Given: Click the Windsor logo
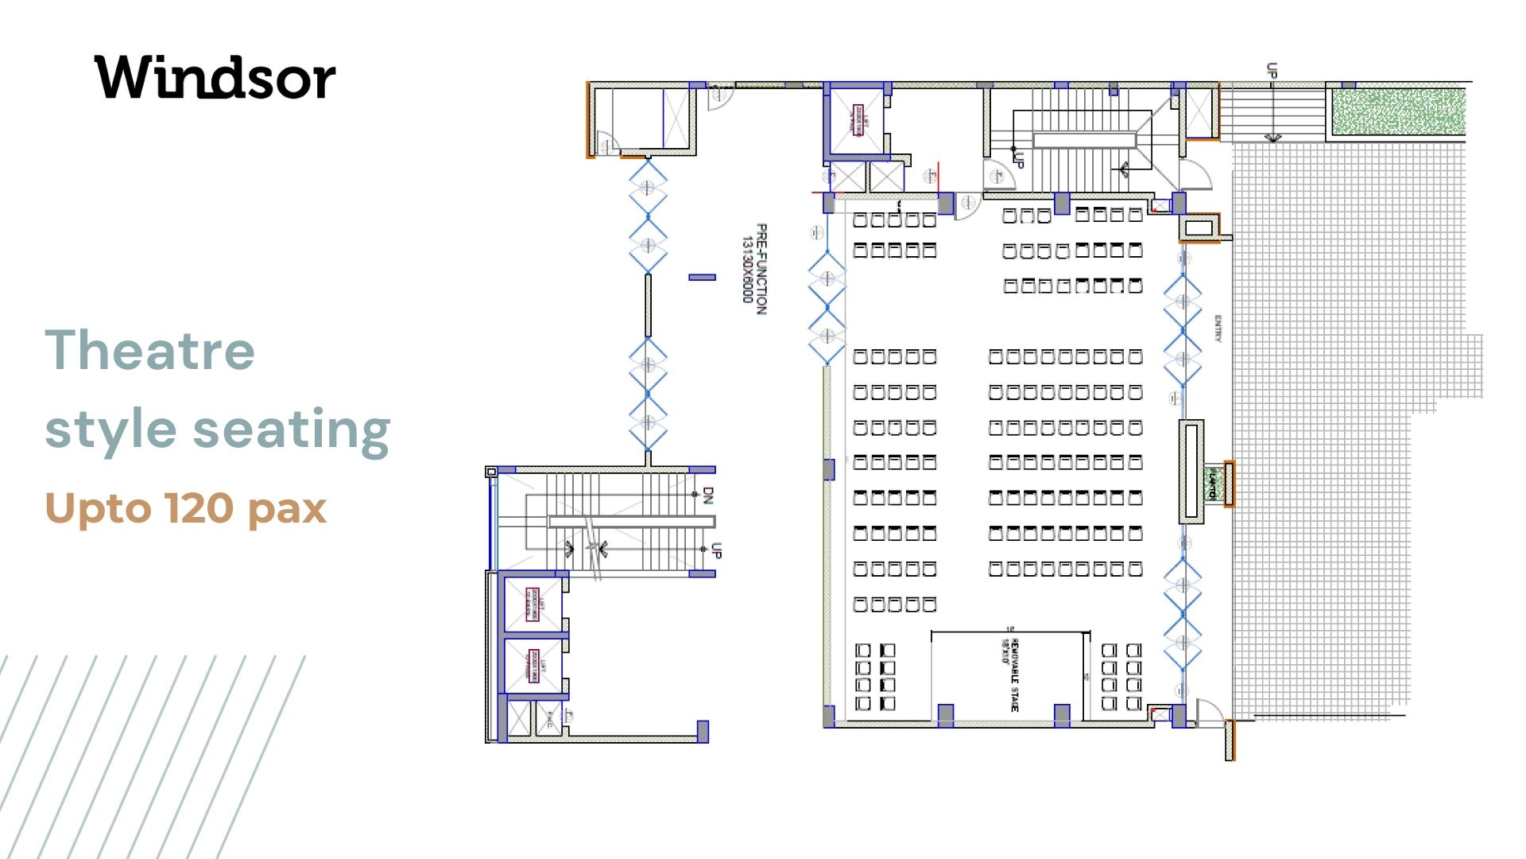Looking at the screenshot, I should (215, 77).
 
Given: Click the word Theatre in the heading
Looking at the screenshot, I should (149, 350).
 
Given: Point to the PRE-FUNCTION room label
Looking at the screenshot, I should (761, 269).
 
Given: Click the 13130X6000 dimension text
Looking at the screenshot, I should (747, 269).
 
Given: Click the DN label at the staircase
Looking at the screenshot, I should (708, 495).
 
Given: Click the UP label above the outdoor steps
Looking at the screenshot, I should (1272, 70).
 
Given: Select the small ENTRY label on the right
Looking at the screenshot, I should (1218, 328).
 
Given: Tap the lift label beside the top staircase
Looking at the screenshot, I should (859, 120).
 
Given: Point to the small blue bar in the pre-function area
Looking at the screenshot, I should (702, 277).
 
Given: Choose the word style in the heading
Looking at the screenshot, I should (110, 429).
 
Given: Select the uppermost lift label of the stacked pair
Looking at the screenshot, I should (533, 604).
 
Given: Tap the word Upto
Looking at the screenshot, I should (98, 508).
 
